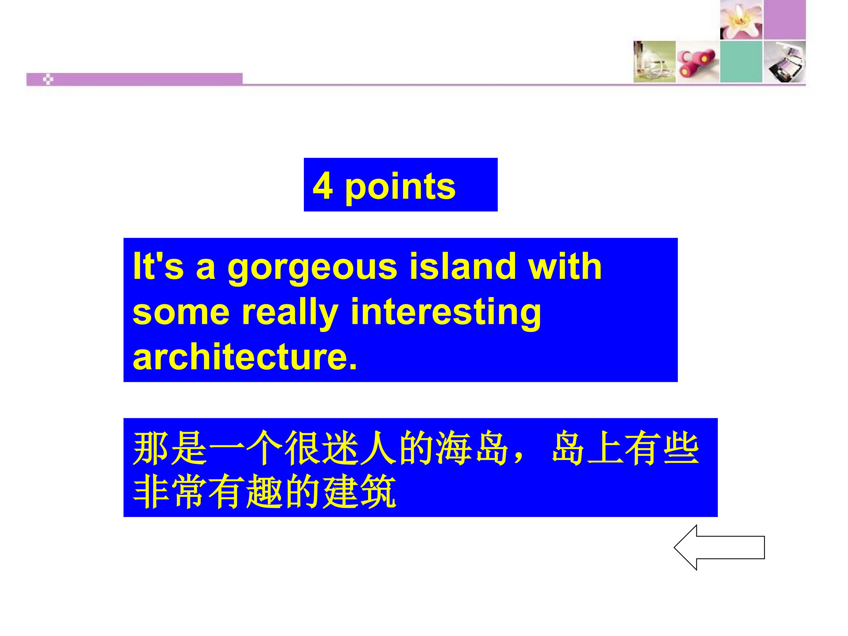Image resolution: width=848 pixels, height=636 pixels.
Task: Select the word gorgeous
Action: pos(312,267)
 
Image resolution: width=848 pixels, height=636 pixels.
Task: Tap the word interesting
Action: pos(445,313)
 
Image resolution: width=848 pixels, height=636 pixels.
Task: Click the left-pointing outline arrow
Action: pos(719,547)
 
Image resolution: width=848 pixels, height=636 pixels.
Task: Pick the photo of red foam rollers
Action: pos(697,61)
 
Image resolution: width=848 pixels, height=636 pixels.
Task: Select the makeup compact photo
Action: pos(784,61)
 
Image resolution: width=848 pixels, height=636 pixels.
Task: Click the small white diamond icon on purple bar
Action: pos(48,80)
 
